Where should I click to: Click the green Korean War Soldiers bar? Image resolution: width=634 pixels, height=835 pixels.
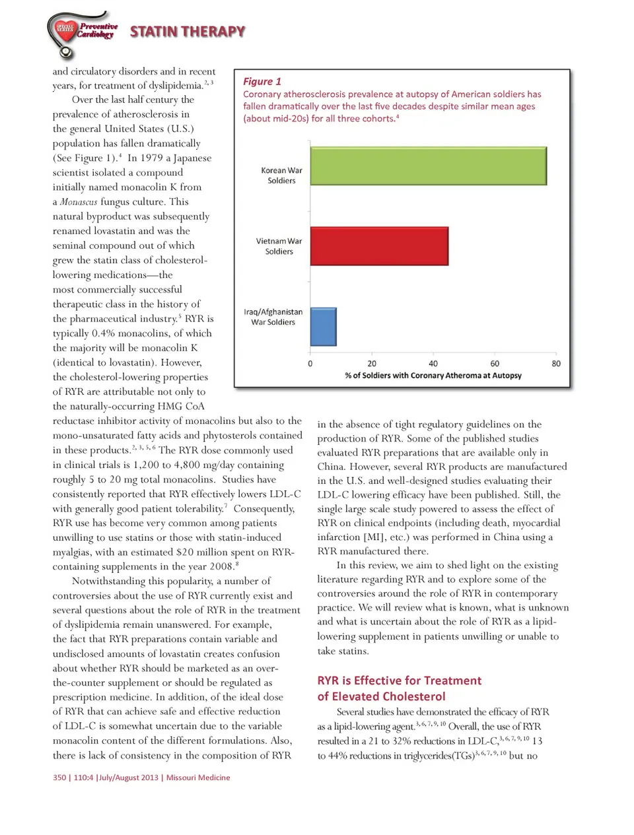click(x=428, y=166)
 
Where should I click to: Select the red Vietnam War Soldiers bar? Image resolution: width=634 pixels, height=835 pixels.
click(x=379, y=246)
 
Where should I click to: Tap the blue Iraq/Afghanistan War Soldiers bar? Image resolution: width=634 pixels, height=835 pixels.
click(x=323, y=326)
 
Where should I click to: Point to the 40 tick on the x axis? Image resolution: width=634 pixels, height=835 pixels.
click(x=433, y=364)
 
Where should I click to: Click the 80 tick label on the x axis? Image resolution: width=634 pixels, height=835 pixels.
click(x=556, y=364)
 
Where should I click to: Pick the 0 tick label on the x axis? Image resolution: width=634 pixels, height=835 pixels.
click(x=310, y=364)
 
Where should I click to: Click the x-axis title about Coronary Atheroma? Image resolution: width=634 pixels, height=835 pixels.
click(x=433, y=376)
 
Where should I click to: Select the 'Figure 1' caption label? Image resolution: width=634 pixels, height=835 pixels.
click(x=262, y=81)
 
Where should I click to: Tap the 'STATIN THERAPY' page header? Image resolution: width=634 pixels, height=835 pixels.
click(x=188, y=32)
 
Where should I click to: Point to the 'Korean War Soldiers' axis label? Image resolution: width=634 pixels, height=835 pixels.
click(x=281, y=175)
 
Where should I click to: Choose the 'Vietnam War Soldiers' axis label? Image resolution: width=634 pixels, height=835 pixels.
click(x=279, y=246)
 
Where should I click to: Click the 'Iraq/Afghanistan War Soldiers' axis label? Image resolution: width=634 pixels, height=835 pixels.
click(x=273, y=317)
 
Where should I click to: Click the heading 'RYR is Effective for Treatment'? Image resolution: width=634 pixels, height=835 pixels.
click(x=400, y=681)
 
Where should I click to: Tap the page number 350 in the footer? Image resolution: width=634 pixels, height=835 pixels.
click(x=59, y=778)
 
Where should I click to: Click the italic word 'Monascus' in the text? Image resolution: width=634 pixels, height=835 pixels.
click(x=79, y=202)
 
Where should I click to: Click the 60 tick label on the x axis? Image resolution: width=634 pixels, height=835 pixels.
click(x=495, y=364)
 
